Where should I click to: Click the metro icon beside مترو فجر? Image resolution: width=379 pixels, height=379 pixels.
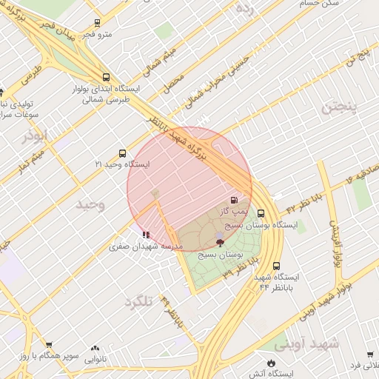click(98, 23)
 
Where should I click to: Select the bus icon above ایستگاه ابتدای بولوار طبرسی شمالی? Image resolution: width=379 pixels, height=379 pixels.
click(107, 76)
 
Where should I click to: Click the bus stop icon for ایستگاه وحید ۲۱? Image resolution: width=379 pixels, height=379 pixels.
click(122, 153)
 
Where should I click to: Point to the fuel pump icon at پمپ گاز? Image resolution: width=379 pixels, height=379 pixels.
click(235, 200)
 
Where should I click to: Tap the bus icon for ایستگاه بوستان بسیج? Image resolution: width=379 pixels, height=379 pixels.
click(260, 213)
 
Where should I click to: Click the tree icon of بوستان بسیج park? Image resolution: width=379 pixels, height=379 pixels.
click(219, 242)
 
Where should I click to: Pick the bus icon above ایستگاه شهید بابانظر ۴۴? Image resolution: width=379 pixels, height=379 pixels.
click(276, 266)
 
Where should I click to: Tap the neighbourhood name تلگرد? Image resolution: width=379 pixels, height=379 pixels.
click(138, 301)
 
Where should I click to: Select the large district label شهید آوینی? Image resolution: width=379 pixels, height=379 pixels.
click(306, 343)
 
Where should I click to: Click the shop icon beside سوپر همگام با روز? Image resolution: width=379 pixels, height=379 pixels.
click(49, 345)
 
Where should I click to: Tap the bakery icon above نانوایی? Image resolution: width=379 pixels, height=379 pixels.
click(95, 347)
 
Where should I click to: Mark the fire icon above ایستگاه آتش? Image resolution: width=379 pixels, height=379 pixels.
click(271, 362)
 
